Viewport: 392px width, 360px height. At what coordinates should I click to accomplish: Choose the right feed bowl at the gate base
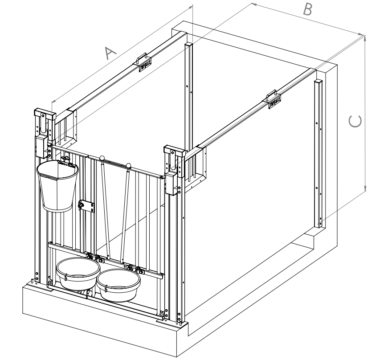click(118, 284)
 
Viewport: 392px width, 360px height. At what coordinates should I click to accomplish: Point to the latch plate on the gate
click(86, 206)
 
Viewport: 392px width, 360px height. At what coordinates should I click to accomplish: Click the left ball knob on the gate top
click(102, 158)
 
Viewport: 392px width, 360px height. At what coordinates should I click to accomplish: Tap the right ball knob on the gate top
click(129, 167)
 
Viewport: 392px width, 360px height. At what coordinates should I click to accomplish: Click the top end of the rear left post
click(189, 44)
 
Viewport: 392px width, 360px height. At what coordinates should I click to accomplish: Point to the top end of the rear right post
click(318, 82)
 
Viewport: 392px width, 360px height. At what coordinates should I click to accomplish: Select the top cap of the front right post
click(174, 150)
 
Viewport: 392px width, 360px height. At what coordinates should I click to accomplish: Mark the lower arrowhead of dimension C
click(365, 190)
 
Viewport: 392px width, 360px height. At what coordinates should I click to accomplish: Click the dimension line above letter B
click(307, 19)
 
